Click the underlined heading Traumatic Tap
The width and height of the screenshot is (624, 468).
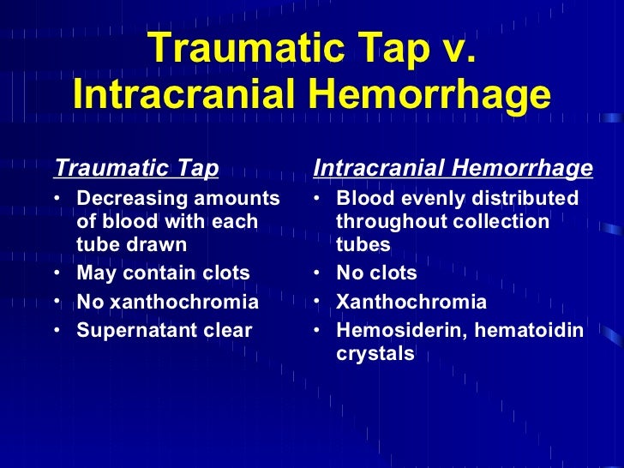pos(136,168)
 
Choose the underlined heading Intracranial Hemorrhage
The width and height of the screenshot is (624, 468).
pos(453,168)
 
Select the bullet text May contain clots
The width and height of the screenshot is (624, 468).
pos(163,273)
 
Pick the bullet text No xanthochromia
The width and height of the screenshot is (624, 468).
pos(167,302)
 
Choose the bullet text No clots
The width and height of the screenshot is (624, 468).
pos(376,273)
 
